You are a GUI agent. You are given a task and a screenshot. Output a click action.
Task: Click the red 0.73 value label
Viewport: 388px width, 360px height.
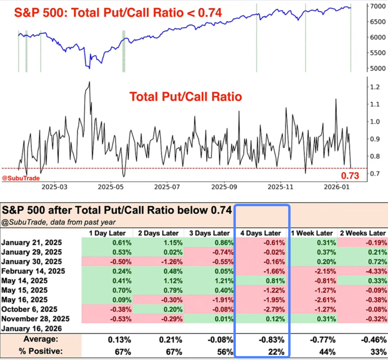point(350,176)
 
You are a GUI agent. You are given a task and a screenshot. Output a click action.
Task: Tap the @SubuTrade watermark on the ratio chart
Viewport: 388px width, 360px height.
point(21,178)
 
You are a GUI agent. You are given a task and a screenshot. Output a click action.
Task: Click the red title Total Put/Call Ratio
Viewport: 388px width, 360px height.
point(186,97)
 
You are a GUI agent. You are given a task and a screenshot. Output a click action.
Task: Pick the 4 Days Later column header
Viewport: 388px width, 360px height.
point(261,233)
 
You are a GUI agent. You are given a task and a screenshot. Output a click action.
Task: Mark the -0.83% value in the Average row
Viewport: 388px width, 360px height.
point(274,340)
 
